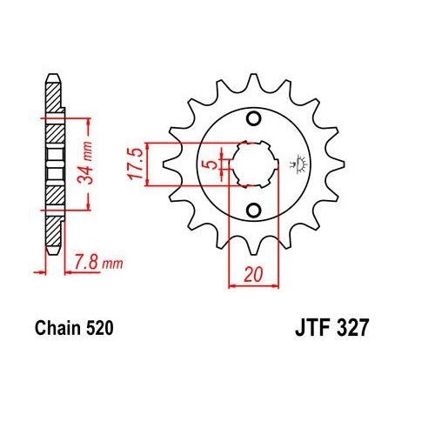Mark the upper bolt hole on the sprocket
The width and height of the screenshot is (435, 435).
[253, 119]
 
